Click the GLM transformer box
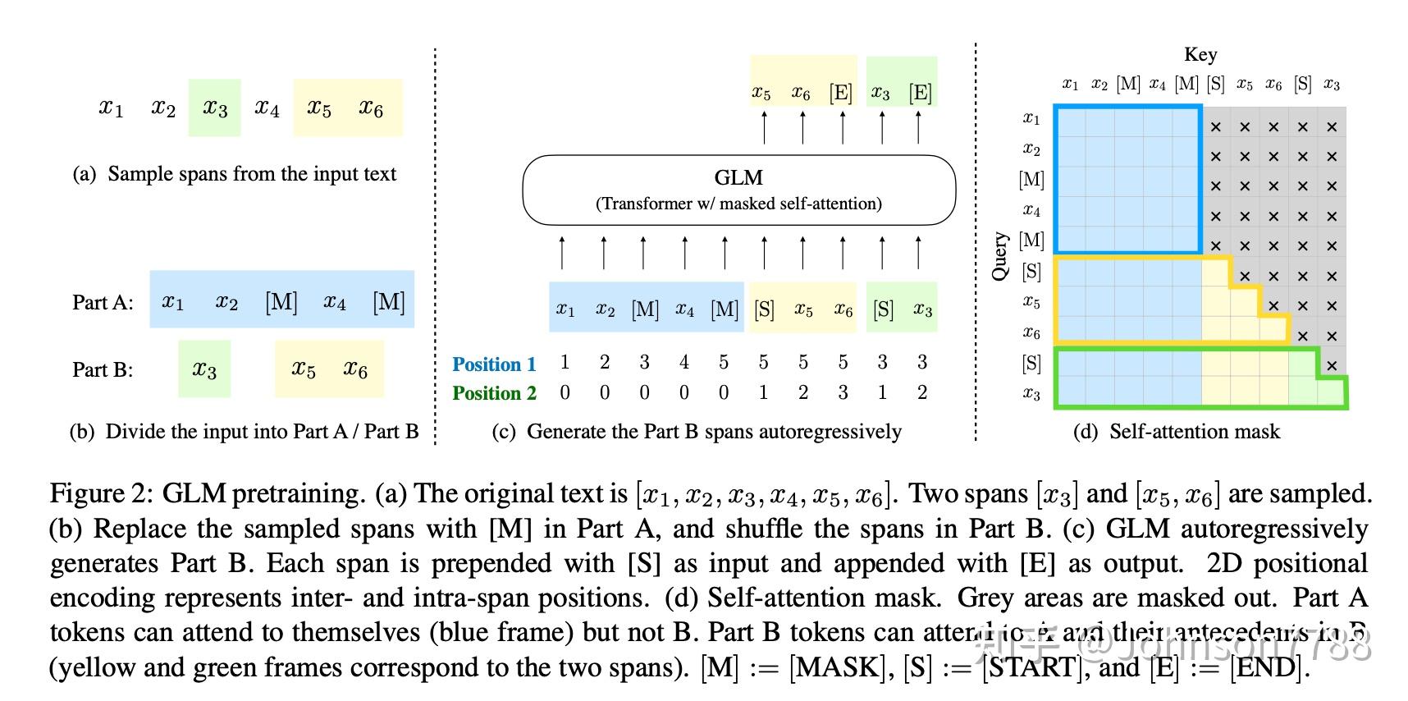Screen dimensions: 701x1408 pos(738,190)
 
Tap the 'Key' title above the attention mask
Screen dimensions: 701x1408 pos(1200,55)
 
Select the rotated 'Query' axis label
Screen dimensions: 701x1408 pos(999,255)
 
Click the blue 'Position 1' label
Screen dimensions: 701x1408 pos(494,364)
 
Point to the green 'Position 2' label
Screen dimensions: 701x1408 pos(494,393)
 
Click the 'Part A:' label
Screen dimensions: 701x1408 pos(103,302)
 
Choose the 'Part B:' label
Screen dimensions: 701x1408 pos(103,369)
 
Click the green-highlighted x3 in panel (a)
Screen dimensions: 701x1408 pos(215,108)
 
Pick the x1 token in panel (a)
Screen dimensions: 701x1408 pos(111,108)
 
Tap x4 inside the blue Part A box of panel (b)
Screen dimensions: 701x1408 pos(334,302)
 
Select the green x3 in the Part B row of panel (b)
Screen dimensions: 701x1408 pos(204,369)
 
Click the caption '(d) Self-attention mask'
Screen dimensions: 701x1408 pos(1176,432)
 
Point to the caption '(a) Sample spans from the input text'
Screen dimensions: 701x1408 pos(235,174)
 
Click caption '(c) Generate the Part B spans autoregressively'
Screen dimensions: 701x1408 pos(697,432)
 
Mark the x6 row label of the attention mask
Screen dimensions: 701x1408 pos(1031,333)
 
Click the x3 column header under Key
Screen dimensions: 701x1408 pos(1331,85)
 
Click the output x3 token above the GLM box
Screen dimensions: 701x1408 pos(880,93)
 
